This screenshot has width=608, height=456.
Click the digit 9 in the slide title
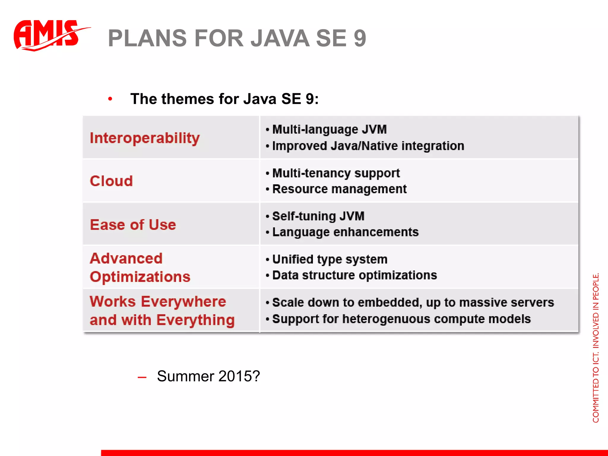click(360, 39)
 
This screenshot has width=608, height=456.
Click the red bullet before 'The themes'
click(110, 99)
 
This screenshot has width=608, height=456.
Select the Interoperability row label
click(145, 138)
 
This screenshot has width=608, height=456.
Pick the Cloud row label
click(111, 181)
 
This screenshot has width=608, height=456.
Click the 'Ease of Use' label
click(133, 225)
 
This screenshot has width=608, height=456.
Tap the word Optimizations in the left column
click(140, 277)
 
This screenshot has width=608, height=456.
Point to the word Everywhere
click(183, 302)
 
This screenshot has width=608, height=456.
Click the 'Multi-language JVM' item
click(329, 129)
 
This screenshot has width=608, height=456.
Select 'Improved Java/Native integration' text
click(368, 146)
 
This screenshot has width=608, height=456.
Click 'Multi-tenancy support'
click(336, 173)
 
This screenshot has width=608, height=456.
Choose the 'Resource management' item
click(339, 189)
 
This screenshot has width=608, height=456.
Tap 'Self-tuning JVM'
click(318, 216)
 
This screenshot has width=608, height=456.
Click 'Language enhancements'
click(345, 232)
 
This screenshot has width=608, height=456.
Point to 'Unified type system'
click(330, 259)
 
